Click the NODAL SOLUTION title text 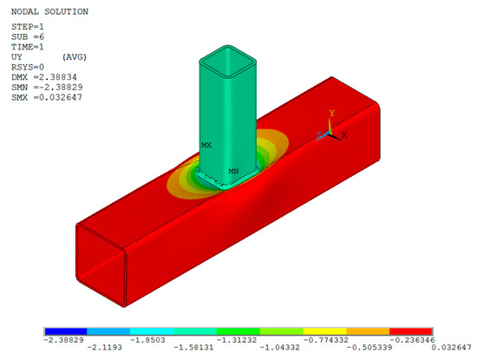click(x=49, y=12)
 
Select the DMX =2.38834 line click(x=44, y=77)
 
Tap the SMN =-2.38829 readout click(x=47, y=88)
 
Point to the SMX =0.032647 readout click(x=47, y=97)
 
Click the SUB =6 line click(x=28, y=36)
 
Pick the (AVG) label click(x=75, y=57)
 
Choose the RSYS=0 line click(x=28, y=67)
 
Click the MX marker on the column click(x=206, y=145)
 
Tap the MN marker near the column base click(x=233, y=172)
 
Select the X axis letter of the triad click(x=344, y=134)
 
